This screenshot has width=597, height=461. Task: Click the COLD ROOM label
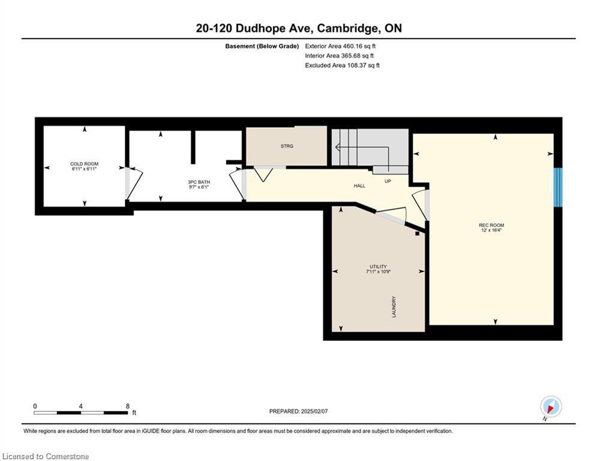84,164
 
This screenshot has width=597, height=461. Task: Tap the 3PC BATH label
199,182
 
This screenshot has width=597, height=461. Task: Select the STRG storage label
287,146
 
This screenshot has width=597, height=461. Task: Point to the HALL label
359,186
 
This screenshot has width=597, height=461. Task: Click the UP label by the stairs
388,181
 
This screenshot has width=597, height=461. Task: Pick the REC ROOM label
491,225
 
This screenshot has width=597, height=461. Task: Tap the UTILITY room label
378,267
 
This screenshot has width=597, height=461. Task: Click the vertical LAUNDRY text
394,307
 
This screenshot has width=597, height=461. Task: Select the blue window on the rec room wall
558,187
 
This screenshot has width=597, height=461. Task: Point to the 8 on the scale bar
128,406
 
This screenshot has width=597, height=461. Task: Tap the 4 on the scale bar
81,406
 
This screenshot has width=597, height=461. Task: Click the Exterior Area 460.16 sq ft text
340,46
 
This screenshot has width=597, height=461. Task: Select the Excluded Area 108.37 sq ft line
342,65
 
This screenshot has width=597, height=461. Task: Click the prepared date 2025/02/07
314,411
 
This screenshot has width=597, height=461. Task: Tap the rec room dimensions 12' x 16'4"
491,230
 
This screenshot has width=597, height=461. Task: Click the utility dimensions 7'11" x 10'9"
378,272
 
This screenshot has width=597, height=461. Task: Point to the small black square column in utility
417,234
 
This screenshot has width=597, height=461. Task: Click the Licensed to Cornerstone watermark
46,456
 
